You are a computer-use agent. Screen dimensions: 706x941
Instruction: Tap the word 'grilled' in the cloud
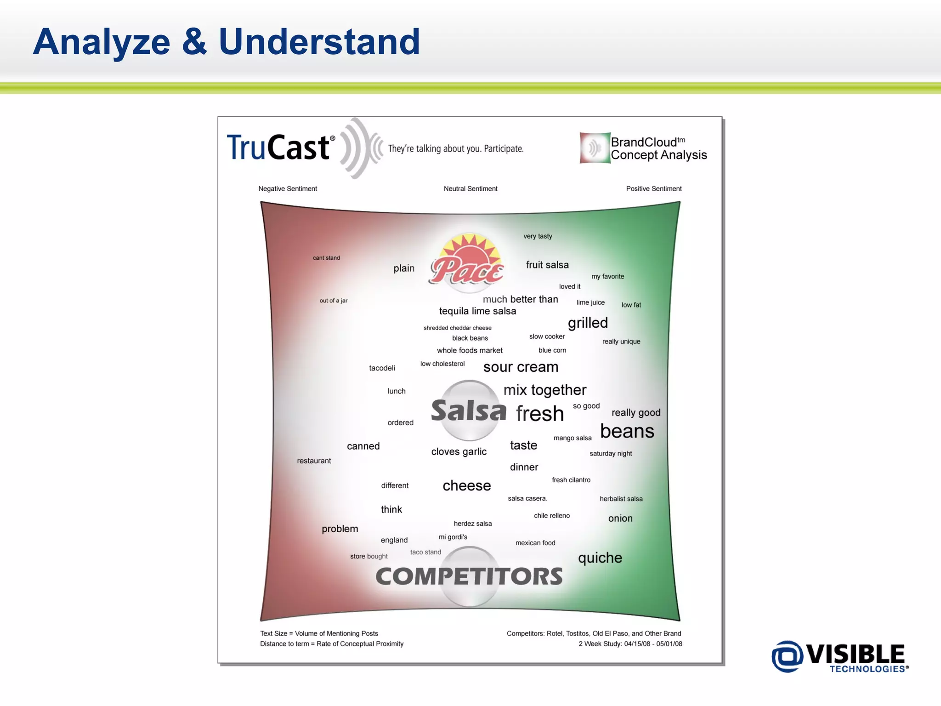588,323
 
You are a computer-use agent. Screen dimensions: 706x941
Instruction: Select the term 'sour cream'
521,367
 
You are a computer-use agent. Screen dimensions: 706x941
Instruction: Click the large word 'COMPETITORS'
469,576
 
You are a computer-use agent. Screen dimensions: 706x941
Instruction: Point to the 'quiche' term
600,558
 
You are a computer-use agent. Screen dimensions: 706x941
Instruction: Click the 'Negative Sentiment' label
288,188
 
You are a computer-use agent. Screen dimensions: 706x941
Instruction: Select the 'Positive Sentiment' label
653,188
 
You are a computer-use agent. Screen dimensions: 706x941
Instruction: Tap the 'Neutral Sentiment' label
470,188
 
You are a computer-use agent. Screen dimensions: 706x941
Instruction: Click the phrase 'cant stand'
326,258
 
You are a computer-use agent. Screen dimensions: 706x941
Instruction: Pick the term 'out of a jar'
334,301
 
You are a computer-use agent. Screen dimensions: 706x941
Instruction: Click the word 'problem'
340,529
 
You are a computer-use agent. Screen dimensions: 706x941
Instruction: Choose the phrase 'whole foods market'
470,350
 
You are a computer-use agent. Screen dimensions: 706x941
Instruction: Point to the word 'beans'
627,431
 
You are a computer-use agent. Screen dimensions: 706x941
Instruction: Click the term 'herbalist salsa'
621,499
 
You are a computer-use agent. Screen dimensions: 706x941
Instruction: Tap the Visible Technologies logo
839,656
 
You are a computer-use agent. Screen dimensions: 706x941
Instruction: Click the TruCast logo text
278,148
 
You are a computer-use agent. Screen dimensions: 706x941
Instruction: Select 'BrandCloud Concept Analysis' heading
658,148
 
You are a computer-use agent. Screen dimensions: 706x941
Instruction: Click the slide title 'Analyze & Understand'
227,42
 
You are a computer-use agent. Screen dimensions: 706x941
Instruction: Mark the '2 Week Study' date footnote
630,644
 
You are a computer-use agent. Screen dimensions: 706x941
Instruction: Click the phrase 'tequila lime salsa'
477,311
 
